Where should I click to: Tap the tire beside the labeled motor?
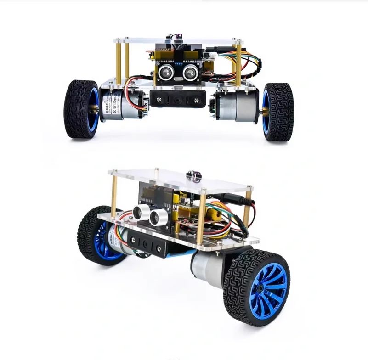81,109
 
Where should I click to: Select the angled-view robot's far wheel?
99,236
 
